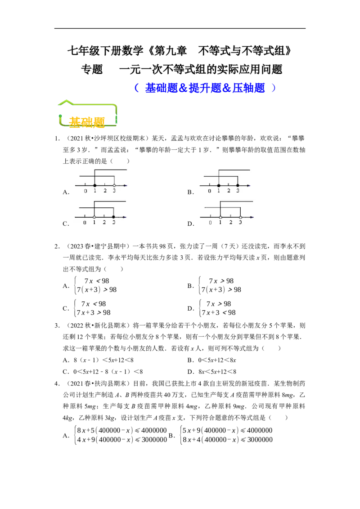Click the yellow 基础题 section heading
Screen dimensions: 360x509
click(x=87, y=122)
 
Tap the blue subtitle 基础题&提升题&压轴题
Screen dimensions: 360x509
click(x=205, y=88)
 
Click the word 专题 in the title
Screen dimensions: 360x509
click(x=92, y=69)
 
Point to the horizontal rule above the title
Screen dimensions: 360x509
click(x=180, y=29)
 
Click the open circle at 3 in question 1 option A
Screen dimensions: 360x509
click(x=114, y=185)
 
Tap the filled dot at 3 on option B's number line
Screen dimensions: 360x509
click(x=238, y=185)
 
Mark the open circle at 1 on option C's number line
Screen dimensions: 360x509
click(x=94, y=217)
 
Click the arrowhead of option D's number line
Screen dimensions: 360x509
click(x=252, y=217)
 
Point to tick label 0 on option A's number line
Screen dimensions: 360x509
click(x=85, y=191)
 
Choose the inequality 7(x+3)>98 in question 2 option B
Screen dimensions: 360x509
click(x=221, y=290)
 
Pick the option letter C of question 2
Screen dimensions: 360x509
click(x=65, y=308)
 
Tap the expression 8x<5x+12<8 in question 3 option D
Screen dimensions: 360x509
click(x=217, y=372)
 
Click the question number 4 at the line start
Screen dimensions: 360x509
click(x=57, y=384)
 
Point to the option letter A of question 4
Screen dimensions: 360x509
click(x=66, y=435)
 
